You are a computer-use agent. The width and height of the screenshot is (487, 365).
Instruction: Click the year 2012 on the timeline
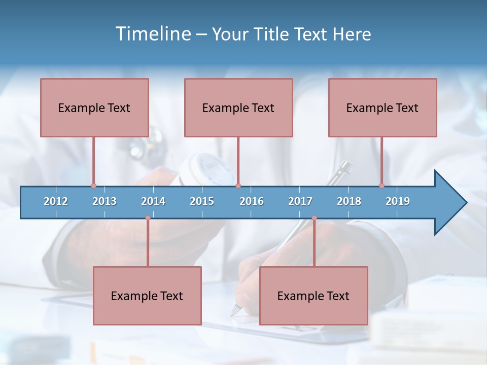(56, 201)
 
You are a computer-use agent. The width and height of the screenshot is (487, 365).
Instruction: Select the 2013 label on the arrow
(105, 201)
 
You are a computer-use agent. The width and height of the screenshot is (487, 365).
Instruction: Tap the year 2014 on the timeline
(153, 201)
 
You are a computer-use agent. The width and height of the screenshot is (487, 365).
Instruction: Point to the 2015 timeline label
(202, 201)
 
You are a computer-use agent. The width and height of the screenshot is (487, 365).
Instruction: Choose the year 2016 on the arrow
(252, 201)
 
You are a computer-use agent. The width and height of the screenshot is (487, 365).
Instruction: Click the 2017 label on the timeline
(300, 201)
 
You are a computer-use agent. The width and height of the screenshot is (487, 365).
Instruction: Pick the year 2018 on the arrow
(349, 201)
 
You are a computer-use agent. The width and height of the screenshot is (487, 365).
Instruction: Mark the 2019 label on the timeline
(398, 201)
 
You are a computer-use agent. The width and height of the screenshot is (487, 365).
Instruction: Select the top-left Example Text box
(94, 107)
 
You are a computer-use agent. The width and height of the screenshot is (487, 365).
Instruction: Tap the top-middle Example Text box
(238, 107)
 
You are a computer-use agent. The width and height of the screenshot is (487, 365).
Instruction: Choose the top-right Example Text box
(382, 107)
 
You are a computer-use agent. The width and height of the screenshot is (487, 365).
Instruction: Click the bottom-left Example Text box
(147, 296)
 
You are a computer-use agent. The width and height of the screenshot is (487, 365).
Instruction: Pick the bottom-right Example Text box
(314, 296)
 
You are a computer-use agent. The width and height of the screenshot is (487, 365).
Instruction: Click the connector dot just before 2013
(93, 186)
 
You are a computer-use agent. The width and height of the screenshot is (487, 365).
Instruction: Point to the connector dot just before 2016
(238, 186)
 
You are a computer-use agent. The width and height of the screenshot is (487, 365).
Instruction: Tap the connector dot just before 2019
(382, 186)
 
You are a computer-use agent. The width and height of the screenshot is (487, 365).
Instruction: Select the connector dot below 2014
(148, 218)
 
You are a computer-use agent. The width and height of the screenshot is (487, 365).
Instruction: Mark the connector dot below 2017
(314, 218)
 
